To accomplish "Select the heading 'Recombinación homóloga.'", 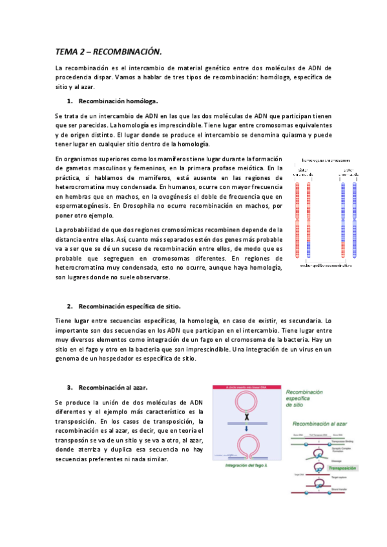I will coord(118,101).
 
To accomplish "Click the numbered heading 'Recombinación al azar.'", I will coord(113,387).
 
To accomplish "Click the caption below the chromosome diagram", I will coord(320,265).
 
